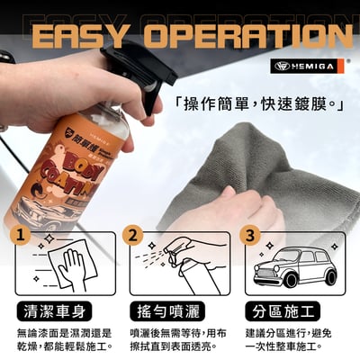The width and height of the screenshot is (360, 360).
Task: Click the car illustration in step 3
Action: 292,265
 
